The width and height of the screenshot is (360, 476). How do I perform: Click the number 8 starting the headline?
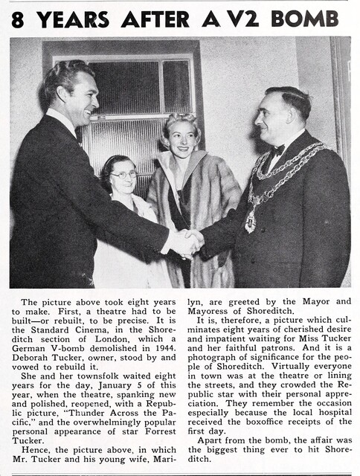(x=19, y=19)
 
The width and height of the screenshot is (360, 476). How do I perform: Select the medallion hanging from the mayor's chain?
(x=251, y=222)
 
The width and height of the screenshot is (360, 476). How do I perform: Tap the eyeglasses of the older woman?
(x=123, y=175)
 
